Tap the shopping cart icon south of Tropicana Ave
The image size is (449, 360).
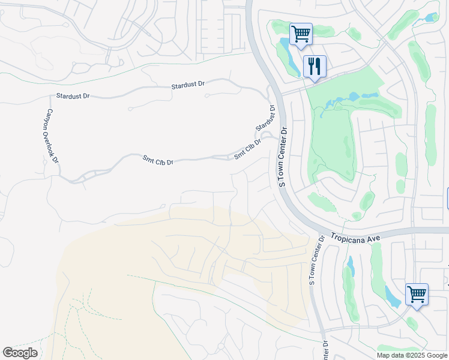pyautogui.click(x=417, y=294)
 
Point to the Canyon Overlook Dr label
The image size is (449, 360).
pyautogui.click(x=52, y=136)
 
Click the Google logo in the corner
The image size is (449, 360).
pyautogui.click(x=20, y=353)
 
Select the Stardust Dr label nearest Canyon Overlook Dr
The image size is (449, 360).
pyautogui.click(x=72, y=96)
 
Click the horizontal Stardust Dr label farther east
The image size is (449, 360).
pyautogui.click(x=187, y=85)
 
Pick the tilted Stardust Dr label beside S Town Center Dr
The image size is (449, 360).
pyautogui.click(x=265, y=119)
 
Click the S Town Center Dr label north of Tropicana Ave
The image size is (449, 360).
pyautogui.click(x=281, y=157)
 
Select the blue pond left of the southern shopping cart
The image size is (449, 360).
pyautogui.click(x=391, y=296)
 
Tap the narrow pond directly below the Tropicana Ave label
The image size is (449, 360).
pyautogui.click(x=350, y=266)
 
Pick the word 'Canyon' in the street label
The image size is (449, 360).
pyautogui.click(x=49, y=119)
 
